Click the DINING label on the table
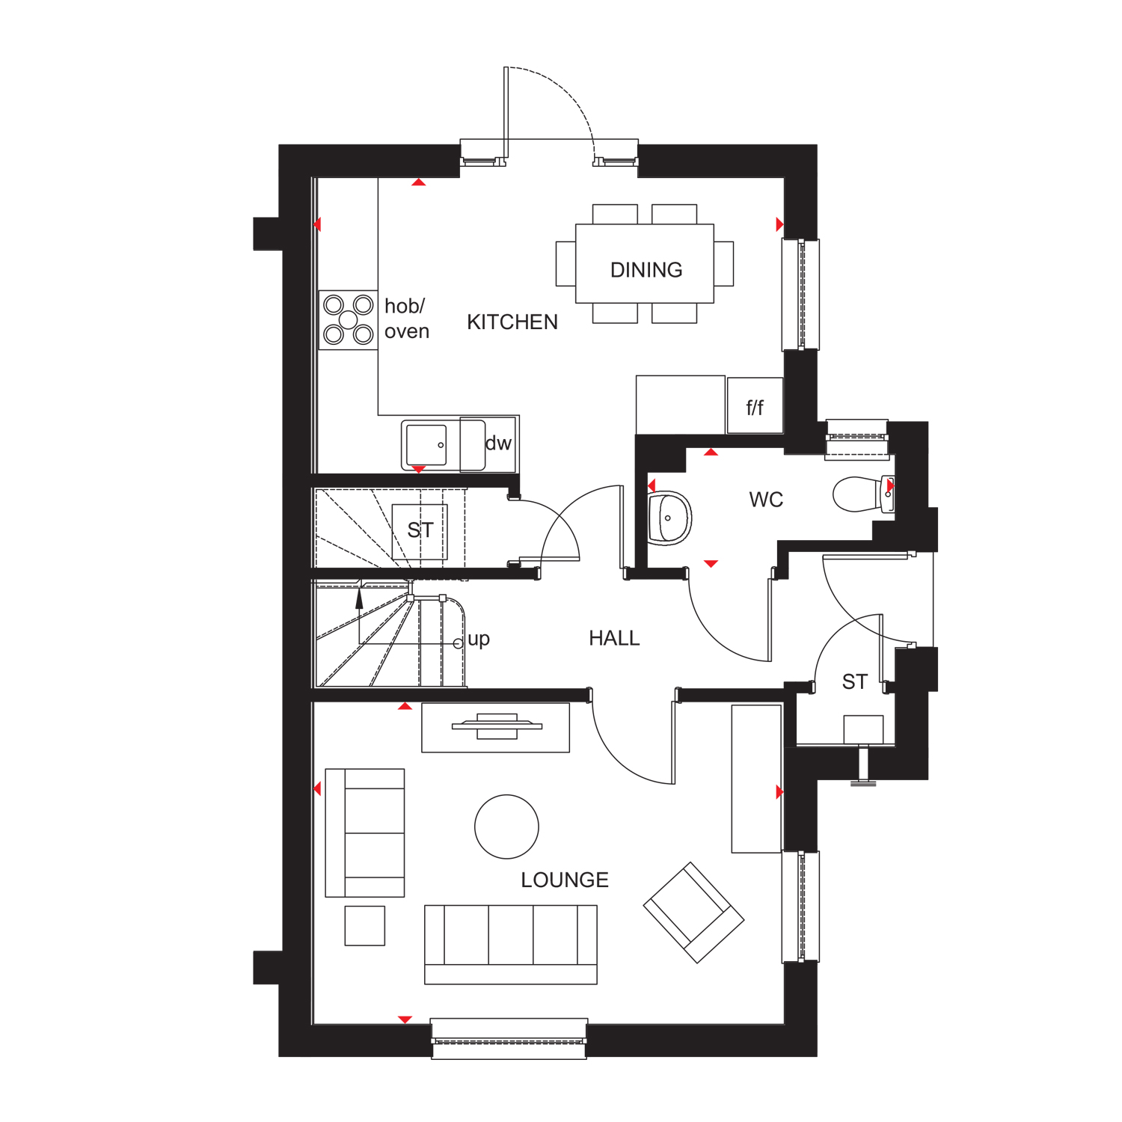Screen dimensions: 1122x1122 coord(646,270)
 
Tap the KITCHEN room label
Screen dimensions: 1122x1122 coord(512,322)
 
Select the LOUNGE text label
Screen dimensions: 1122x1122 coord(565,880)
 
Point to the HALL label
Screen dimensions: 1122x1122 coord(614,639)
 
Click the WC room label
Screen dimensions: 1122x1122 coord(766,500)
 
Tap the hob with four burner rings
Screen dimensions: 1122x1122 coord(349,320)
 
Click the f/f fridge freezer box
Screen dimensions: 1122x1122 coord(755,407)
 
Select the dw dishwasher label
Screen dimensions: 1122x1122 coord(498,444)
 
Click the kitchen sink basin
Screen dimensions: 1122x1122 coord(426,446)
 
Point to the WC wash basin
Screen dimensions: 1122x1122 coord(668,518)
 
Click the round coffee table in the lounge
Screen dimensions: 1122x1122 coord(506,827)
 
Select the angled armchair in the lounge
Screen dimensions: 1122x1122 coord(693,913)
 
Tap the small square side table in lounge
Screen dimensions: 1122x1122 coord(365,926)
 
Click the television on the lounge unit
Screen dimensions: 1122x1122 coord(497,726)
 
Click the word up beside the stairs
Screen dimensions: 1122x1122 coord(479,640)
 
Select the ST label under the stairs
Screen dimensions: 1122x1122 coord(420,530)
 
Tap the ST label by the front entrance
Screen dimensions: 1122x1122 coord(854,682)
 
